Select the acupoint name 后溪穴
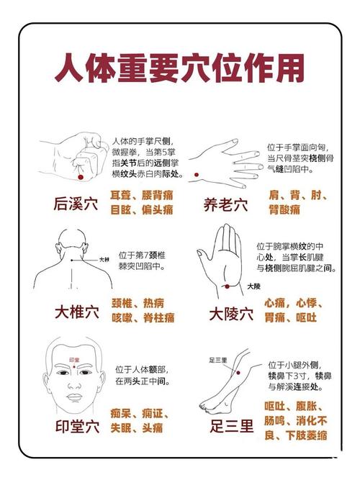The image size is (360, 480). [x=76, y=204]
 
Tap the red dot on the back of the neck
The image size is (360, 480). [x=72, y=260]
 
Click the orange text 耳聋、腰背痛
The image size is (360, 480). [x=141, y=195]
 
